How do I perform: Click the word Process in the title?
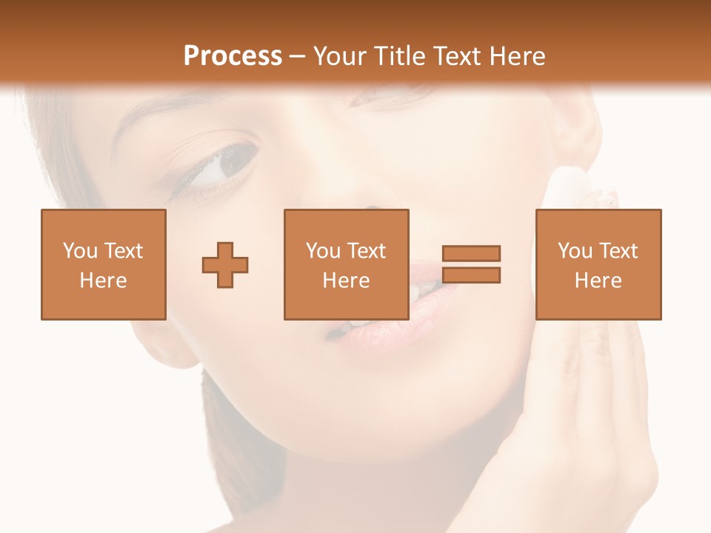[x=233, y=56]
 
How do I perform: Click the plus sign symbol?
[x=225, y=265]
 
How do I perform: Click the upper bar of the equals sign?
[x=471, y=253]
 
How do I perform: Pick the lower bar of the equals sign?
[x=471, y=275]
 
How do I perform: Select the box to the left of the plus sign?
[x=104, y=264]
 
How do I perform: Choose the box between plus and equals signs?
[x=347, y=264]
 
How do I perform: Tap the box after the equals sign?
[x=598, y=264]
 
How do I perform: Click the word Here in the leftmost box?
[x=104, y=281]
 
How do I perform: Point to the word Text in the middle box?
[x=368, y=251]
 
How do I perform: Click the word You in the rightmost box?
[x=575, y=251]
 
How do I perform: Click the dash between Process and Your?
[x=297, y=56]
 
